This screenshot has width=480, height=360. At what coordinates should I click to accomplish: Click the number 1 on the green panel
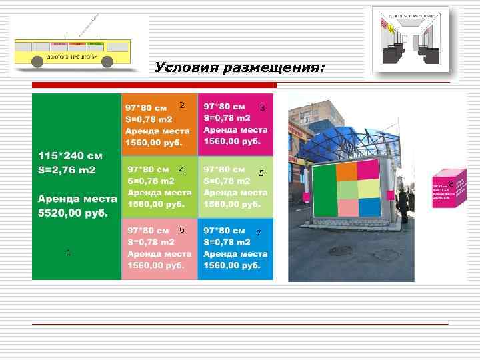click(68, 252)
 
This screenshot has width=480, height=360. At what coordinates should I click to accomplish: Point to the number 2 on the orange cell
click(181, 105)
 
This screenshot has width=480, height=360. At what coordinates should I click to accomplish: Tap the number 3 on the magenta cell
click(263, 107)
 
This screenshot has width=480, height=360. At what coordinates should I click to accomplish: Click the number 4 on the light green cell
click(181, 170)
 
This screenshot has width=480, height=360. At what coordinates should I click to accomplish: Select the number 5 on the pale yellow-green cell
click(261, 173)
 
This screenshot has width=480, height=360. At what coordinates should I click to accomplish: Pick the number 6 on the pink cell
click(181, 229)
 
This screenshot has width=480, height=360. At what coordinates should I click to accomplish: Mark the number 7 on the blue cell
click(259, 233)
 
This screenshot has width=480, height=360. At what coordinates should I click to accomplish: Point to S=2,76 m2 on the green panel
click(67, 170)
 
